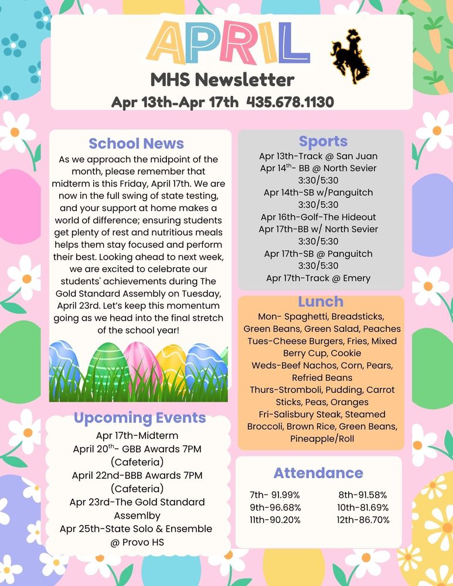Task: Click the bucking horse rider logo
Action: [350, 56]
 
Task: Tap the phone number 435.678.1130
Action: [290, 102]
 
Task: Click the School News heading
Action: [136, 144]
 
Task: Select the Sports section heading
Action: [323, 141]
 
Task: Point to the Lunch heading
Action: [321, 302]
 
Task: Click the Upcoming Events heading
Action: [139, 418]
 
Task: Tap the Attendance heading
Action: [318, 473]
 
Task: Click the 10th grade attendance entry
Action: [363, 507]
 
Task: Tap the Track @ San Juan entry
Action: [318, 156]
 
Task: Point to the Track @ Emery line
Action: [318, 278]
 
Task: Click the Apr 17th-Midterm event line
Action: [137, 435]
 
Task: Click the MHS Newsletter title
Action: [222, 79]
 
